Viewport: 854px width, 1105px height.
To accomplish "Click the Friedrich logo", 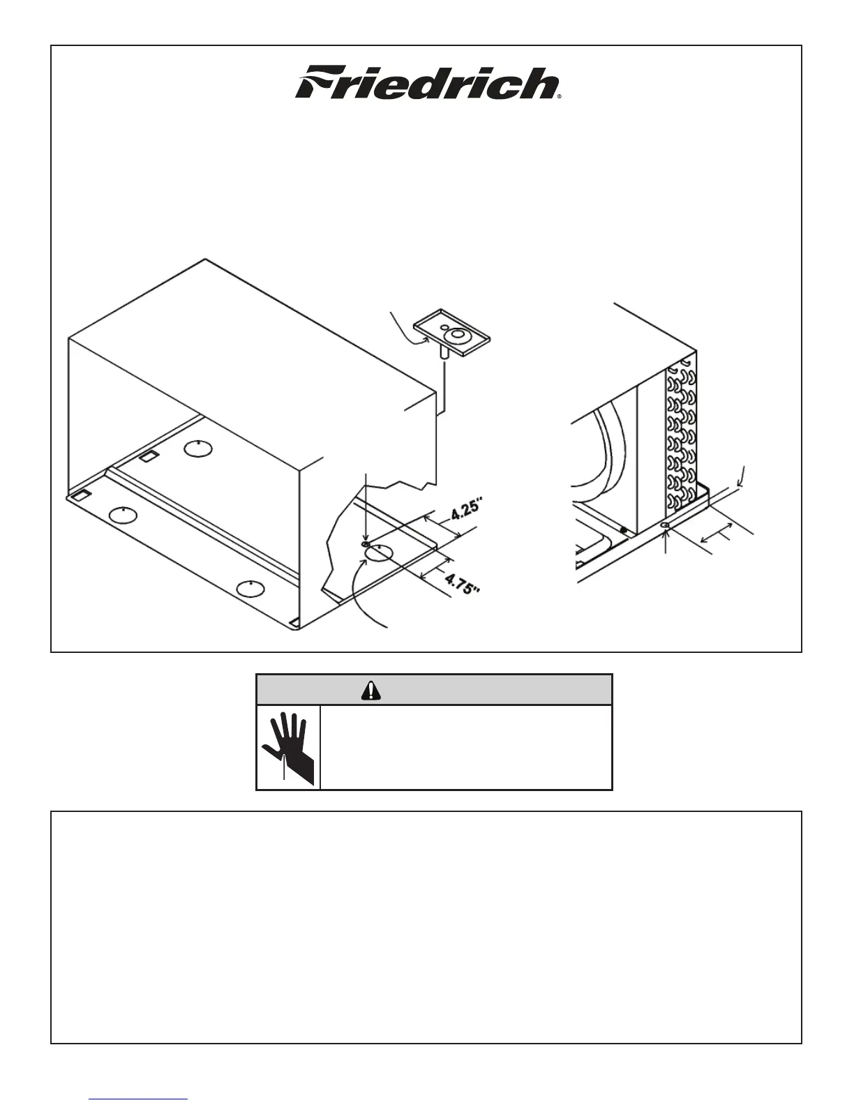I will pyautogui.click(x=428, y=84).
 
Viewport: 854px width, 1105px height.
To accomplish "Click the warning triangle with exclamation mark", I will pyautogui.click(x=371, y=690).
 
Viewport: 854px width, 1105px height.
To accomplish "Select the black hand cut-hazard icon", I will pyautogui.click(x=287, y=746).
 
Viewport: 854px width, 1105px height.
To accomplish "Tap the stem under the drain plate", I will pyautogui.click(x=442, y=353).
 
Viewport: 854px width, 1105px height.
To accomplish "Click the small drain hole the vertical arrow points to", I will pyautogui.click(x=366, y=543).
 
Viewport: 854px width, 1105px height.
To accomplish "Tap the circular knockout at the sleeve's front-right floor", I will pyautogui.click(x=252, y=589).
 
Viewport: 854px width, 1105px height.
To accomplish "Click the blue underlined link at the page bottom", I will pyautogui.click(x=138, y=1099).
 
